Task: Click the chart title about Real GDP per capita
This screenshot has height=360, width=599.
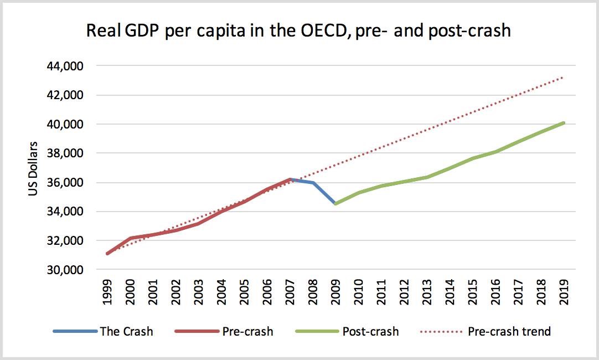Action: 298,30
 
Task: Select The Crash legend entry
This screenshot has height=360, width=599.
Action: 126,332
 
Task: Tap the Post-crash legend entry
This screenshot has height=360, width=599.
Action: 370,332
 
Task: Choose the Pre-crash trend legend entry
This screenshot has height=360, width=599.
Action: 509,332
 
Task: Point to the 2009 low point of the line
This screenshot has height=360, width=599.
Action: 335,204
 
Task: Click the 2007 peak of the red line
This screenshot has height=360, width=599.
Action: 290,179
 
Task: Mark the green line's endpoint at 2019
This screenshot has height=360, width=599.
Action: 564,123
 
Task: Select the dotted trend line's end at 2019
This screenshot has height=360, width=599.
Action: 564,77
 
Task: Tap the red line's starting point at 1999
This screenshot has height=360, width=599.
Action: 107,254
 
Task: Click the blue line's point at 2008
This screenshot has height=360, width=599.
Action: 313,183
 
